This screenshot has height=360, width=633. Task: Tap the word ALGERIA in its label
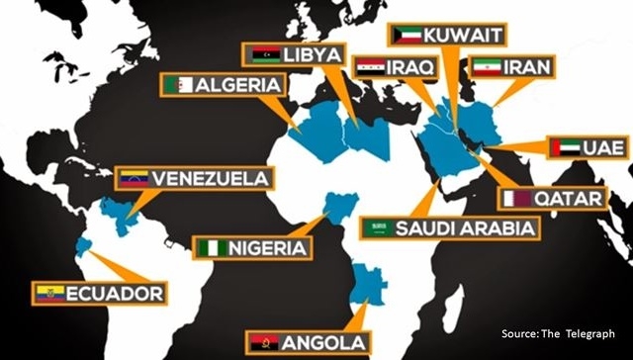pos(235,85)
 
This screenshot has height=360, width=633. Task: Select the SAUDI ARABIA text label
pos(466,228)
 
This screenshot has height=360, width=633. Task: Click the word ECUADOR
pos(114,293)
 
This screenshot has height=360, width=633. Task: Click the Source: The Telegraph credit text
pos(558,333)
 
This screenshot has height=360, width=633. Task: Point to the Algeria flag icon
pos(180,85)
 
